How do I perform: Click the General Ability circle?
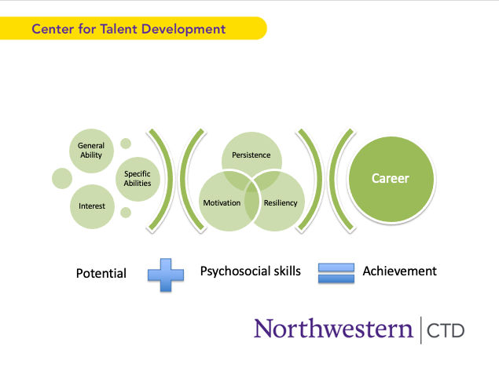(x=91, y=150)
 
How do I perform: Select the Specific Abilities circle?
(x=138, y=179)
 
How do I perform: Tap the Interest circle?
(x=91, y=206)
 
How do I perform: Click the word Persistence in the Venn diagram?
(x=251, y=155)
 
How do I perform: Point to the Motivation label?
(x=222, y=203)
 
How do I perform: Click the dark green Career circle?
(x=390, y=179)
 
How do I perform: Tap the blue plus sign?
(x=166, y=272)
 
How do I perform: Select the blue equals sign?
(x=336, y=272)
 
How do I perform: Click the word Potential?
(x=101, y=274)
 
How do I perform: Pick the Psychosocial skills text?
(x=250, y=271)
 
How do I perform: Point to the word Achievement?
(x=399, y=271)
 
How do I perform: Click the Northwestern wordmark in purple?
(x=333, y=328)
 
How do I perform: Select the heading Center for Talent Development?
(x=129, y=29)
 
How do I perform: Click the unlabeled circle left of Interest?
(x=62, y=178)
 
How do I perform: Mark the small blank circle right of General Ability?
(x=126, y=144)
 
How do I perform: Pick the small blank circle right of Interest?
(x=126, y=213)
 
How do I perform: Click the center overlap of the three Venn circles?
(x=251, y=188)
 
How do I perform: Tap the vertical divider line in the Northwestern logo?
(x=420, y=329)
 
